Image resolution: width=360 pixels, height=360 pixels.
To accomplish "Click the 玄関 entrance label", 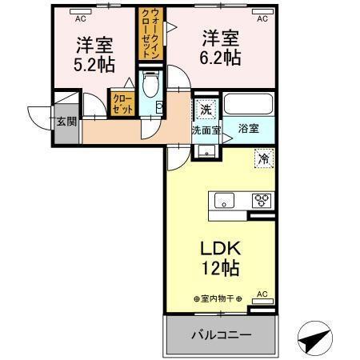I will pos(66,122).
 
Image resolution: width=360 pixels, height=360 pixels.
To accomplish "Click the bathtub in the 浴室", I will pos(247,105).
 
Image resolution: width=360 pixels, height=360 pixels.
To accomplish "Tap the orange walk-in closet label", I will pos(151,35).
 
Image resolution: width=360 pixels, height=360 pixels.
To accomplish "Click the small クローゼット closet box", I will pos(122,104).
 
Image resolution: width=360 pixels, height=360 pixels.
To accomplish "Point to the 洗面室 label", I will pos(206,128).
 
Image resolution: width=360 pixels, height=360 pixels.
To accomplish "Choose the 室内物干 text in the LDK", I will pos(221,298).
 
